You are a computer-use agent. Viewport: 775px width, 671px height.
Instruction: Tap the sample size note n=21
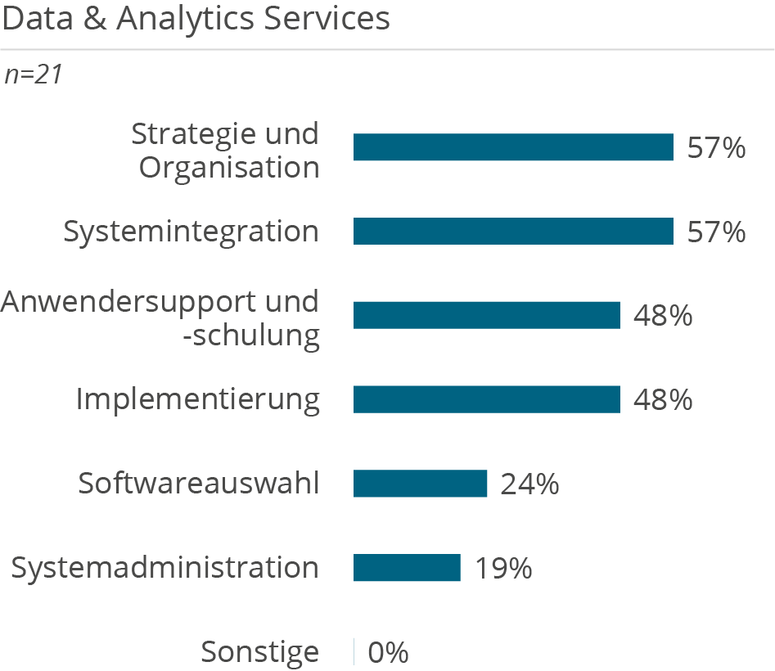(34, 75)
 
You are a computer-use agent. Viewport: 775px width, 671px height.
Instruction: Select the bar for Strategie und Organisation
(513, 147)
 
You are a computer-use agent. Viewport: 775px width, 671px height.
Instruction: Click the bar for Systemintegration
(513, 232)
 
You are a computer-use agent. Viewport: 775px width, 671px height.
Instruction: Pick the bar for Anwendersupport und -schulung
(486, 315)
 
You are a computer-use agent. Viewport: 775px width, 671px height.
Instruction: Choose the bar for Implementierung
(486, 399)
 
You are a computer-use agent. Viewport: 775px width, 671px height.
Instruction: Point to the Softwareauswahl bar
(420, 484)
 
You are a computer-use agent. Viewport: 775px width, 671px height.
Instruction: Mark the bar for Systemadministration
(407, 568)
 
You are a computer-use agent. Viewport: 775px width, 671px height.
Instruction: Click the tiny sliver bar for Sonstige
(354, 652)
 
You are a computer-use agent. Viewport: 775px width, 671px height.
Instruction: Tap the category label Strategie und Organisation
(226, 151)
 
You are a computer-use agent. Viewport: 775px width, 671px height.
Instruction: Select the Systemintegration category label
(191, 232)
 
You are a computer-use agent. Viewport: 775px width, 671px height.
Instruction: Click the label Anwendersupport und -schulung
(160, 318)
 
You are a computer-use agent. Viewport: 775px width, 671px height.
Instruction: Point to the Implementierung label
(198, 399)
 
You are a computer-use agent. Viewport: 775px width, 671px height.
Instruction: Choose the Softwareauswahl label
(199, 484)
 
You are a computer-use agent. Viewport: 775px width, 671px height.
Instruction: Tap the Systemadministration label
(165, 568)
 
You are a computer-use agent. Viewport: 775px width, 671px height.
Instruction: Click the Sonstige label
(260, 652)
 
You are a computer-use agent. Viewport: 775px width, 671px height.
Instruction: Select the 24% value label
(529, 484)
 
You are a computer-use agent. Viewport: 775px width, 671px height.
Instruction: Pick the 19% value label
(503, 569)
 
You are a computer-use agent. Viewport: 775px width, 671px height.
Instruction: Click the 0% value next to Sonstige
(388, 653)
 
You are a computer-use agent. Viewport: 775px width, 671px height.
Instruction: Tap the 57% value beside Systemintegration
(716, 232)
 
